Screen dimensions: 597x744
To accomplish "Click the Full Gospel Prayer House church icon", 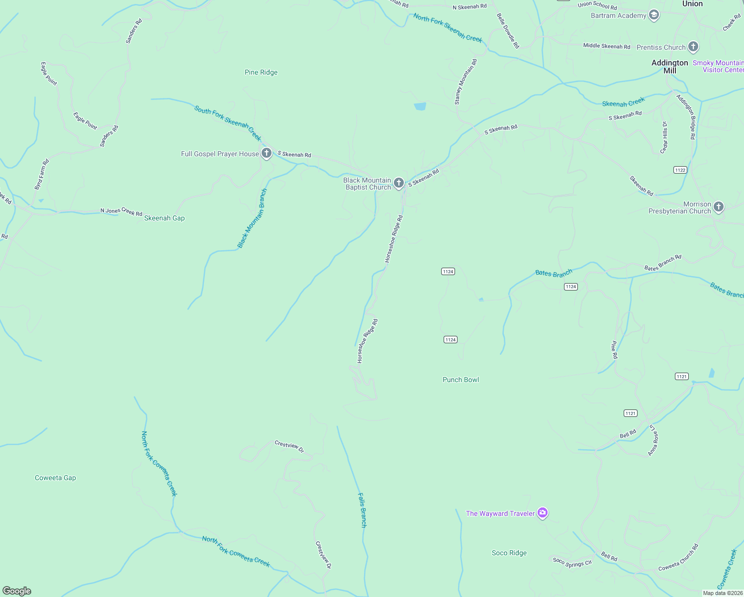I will [267, 153].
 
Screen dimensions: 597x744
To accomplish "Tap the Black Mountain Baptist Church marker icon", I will [398, 183].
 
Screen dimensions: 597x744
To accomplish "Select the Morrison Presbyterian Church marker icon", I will [718, 207].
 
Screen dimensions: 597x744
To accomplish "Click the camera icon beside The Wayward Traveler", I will [543, 513].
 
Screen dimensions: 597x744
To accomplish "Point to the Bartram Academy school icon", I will [654, 15].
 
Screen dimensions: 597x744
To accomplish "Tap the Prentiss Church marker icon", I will [693, 47].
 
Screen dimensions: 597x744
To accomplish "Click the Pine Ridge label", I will [261, 72].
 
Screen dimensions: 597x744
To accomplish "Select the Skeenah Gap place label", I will [164, 218].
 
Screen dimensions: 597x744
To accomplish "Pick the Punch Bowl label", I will [461, 380].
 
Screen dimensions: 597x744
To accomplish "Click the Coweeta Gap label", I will [55, 478].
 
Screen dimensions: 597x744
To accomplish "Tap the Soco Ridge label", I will [509, 553].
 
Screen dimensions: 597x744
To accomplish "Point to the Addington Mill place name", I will [669, 66].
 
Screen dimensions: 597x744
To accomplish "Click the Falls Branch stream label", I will [363, 510].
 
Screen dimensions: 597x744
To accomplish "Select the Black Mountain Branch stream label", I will [252, 218].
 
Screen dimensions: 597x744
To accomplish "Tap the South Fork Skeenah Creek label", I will [227, 122].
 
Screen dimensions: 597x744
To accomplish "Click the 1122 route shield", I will [680, 170].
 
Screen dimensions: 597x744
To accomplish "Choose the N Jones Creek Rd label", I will [121, 211].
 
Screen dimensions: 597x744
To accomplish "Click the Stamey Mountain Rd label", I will [465, 82].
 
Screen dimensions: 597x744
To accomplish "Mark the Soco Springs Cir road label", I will [572, 563].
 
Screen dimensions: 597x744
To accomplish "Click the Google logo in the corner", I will [17, 591].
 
